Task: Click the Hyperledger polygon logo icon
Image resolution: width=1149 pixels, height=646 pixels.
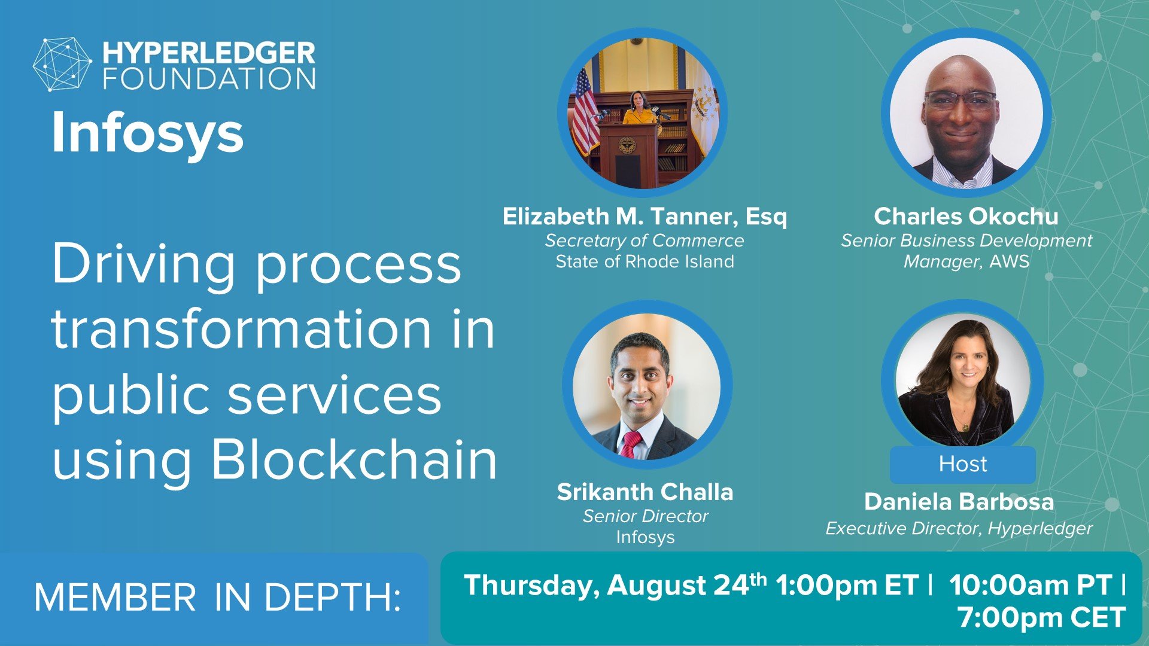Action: (62, 65)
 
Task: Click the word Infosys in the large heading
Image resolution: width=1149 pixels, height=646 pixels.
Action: (147, 133)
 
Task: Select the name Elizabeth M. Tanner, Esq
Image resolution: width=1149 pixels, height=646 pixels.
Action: (645, 217)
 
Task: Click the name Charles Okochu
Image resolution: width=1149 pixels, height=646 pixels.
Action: (966, 217)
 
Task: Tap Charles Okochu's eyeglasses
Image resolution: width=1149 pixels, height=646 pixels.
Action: (960, 99)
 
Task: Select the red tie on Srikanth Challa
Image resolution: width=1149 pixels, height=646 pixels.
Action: (631, 444)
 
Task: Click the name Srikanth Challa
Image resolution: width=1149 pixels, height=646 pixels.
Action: (645, 492)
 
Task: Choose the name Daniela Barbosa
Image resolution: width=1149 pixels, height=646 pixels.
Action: (959, 501)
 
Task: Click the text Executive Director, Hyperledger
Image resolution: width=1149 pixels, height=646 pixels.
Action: (959, 529)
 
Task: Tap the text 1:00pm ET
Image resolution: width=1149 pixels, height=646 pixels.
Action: (846, 585)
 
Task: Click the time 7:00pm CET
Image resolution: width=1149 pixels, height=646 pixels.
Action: (1041, 617)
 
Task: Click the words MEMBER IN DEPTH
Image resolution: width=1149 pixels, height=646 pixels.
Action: (217, 597)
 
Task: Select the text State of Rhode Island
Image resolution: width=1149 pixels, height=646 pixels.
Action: (645, 261)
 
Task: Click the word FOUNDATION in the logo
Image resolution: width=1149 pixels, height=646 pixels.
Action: (209, 79)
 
